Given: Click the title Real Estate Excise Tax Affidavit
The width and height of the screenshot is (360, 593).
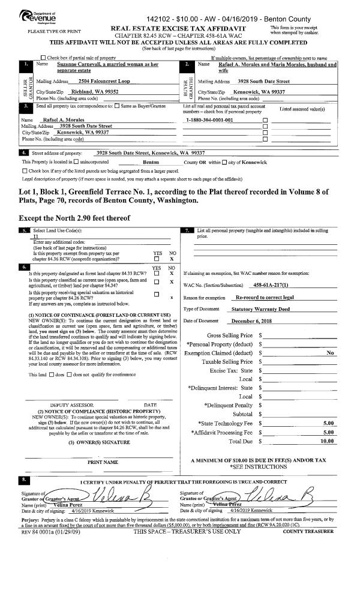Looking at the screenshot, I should coord(186,28).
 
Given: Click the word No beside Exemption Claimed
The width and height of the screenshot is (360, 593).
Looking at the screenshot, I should coord(329,353).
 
